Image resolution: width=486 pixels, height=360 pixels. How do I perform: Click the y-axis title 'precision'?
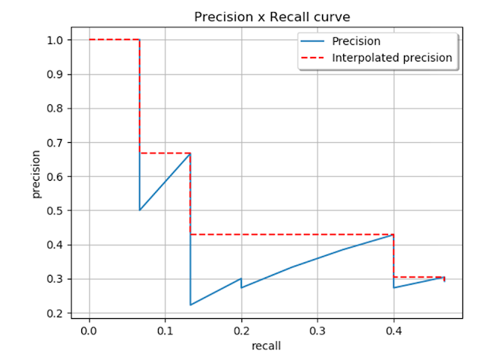pos(36,176)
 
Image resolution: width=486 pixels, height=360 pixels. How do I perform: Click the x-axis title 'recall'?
pos(267,346)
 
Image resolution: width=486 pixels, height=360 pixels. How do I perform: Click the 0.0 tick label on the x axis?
pos(89,332)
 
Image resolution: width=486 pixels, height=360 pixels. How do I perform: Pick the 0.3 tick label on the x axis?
pos(317,332)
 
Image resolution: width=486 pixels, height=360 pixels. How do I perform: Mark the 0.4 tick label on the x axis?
pos(393,332)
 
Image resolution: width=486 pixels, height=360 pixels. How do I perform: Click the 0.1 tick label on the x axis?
pos(165,332)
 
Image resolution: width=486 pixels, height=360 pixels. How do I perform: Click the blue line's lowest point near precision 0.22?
pos(191,305)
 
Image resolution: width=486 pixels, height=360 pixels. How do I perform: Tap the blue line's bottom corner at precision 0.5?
pos(140,210)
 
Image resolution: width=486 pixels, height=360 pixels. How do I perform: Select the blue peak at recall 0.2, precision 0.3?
pos(241,279)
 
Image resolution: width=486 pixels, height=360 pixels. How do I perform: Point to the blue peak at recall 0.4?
pos(393,235)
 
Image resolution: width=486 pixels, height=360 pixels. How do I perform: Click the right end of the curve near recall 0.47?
pos(444,279)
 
